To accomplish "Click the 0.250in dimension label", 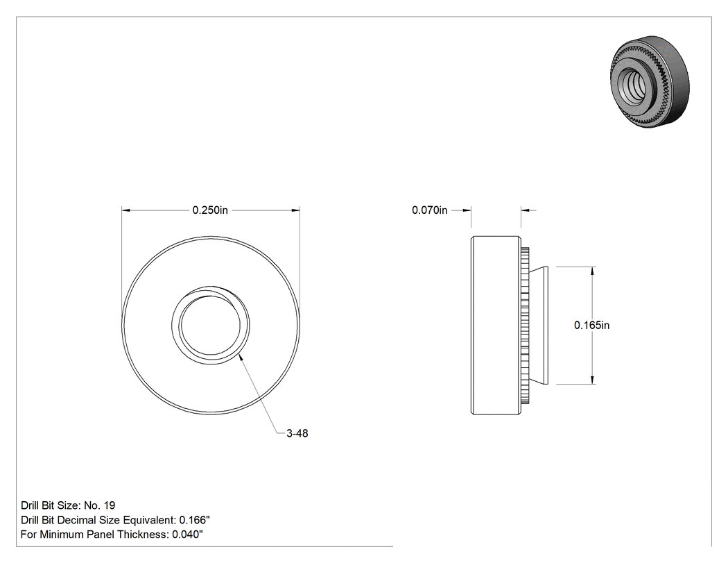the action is click(210, 210).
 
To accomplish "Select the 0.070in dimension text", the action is click(429, 210).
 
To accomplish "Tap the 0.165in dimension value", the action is click(591, 326).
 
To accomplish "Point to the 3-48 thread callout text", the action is click(297, 433).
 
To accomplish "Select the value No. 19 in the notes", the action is click(99, 505).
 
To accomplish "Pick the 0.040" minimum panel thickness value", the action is click(188, 535).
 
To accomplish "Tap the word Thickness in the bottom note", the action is click(143, 535).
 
